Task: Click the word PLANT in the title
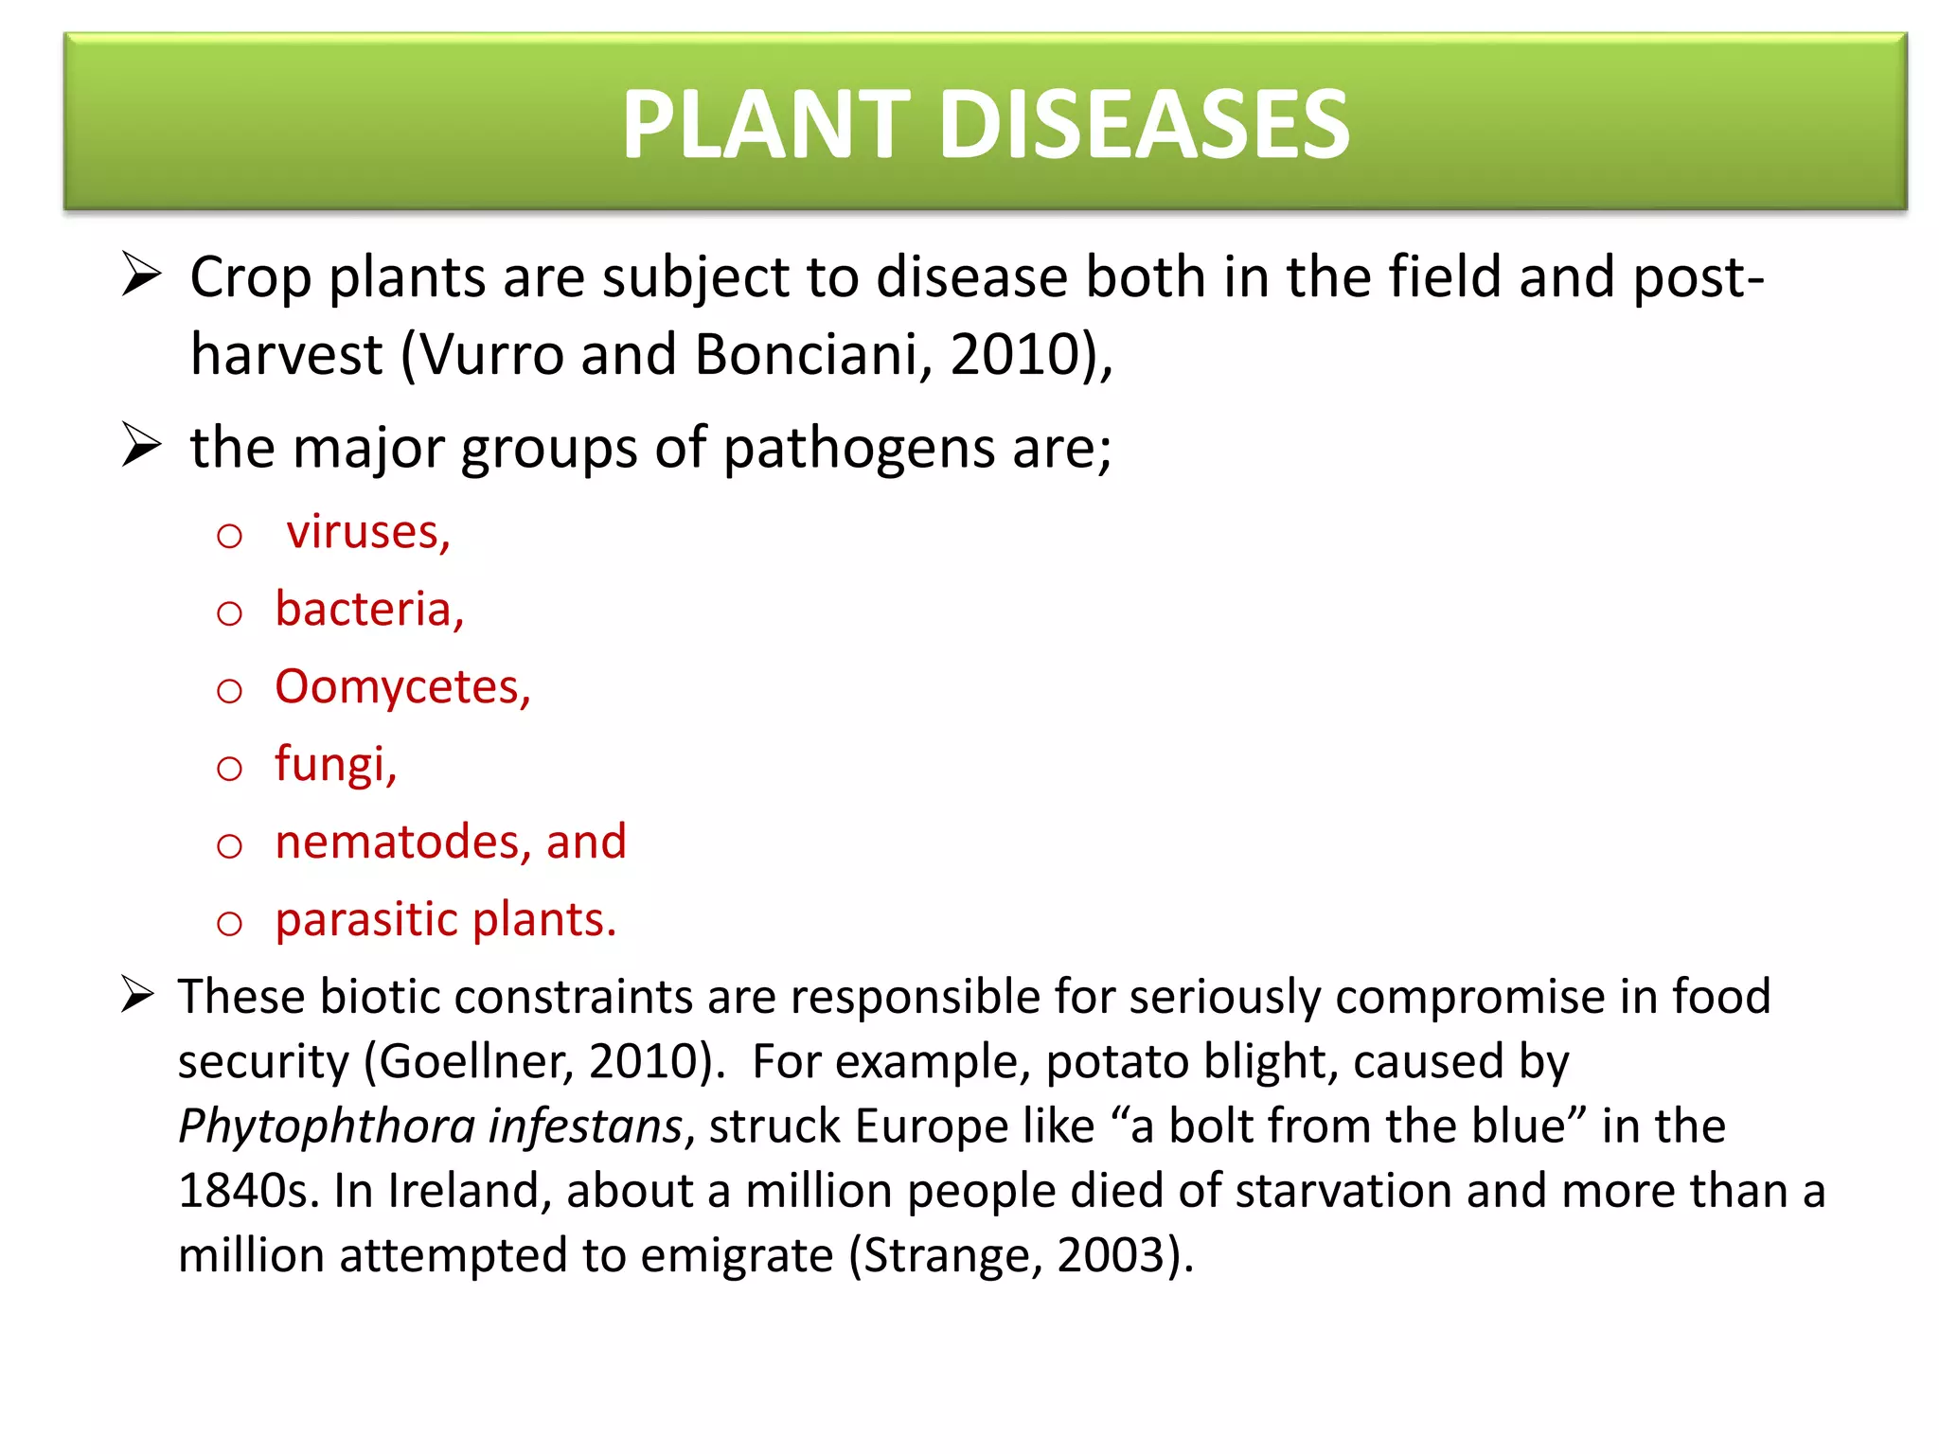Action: pos(765,124)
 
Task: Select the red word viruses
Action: pos(366,532)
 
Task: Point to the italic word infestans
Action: pos(585,1126)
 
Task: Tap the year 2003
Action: pos(1110,1255)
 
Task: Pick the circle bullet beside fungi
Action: pos(229,767)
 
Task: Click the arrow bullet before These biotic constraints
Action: pos(138,995)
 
